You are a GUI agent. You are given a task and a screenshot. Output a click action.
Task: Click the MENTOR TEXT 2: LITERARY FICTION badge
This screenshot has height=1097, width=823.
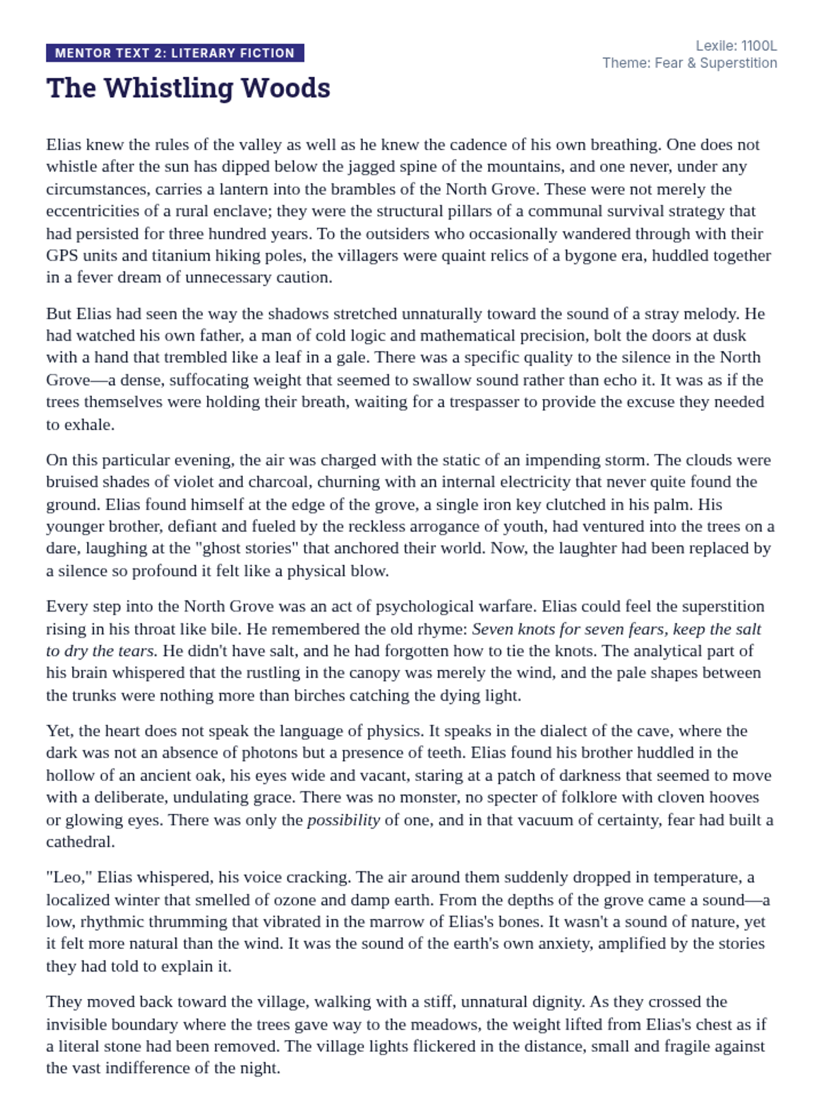(175, 53)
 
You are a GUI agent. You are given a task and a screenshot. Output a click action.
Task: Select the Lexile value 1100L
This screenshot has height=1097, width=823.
(759, 46)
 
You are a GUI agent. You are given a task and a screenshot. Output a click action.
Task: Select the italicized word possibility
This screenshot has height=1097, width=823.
(343, 820)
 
